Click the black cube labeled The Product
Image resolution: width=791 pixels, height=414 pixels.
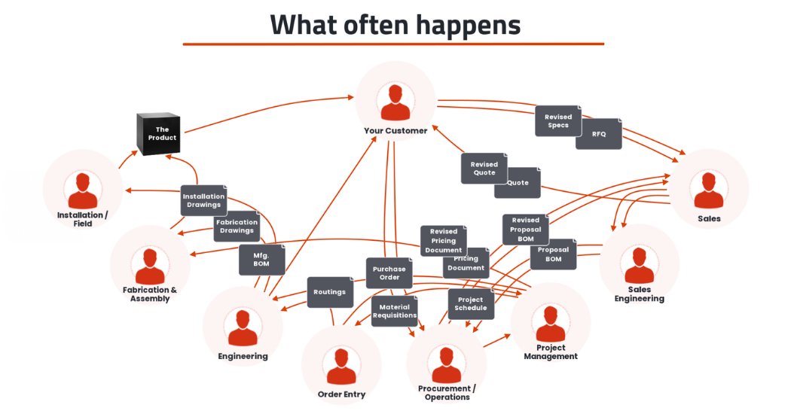coord(158,134)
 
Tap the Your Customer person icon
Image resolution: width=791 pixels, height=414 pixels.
coord(395,102)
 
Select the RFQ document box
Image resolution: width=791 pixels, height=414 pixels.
coord(599,133)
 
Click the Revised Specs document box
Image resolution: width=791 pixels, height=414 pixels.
coord(558,121)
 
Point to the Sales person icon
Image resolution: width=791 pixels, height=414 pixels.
coord(709,190)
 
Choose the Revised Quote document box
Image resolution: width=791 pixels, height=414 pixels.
coord(484,169)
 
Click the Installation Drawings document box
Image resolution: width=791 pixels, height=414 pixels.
coord(203,200)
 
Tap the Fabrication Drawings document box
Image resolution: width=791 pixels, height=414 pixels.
coord(237,227)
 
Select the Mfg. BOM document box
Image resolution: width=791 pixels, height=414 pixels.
coord(261,260)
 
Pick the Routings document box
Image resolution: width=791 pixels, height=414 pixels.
coord(330,292)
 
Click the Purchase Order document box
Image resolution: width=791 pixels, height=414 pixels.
coord(389,273)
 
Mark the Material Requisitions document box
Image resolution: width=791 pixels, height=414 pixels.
coord(394,311)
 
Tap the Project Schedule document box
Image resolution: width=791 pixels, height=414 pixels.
coord(471,303)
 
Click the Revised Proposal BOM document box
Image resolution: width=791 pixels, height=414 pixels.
coord(526,229)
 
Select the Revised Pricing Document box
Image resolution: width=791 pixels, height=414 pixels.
coord(443,241)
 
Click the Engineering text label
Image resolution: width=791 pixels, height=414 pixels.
coord(243,356)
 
